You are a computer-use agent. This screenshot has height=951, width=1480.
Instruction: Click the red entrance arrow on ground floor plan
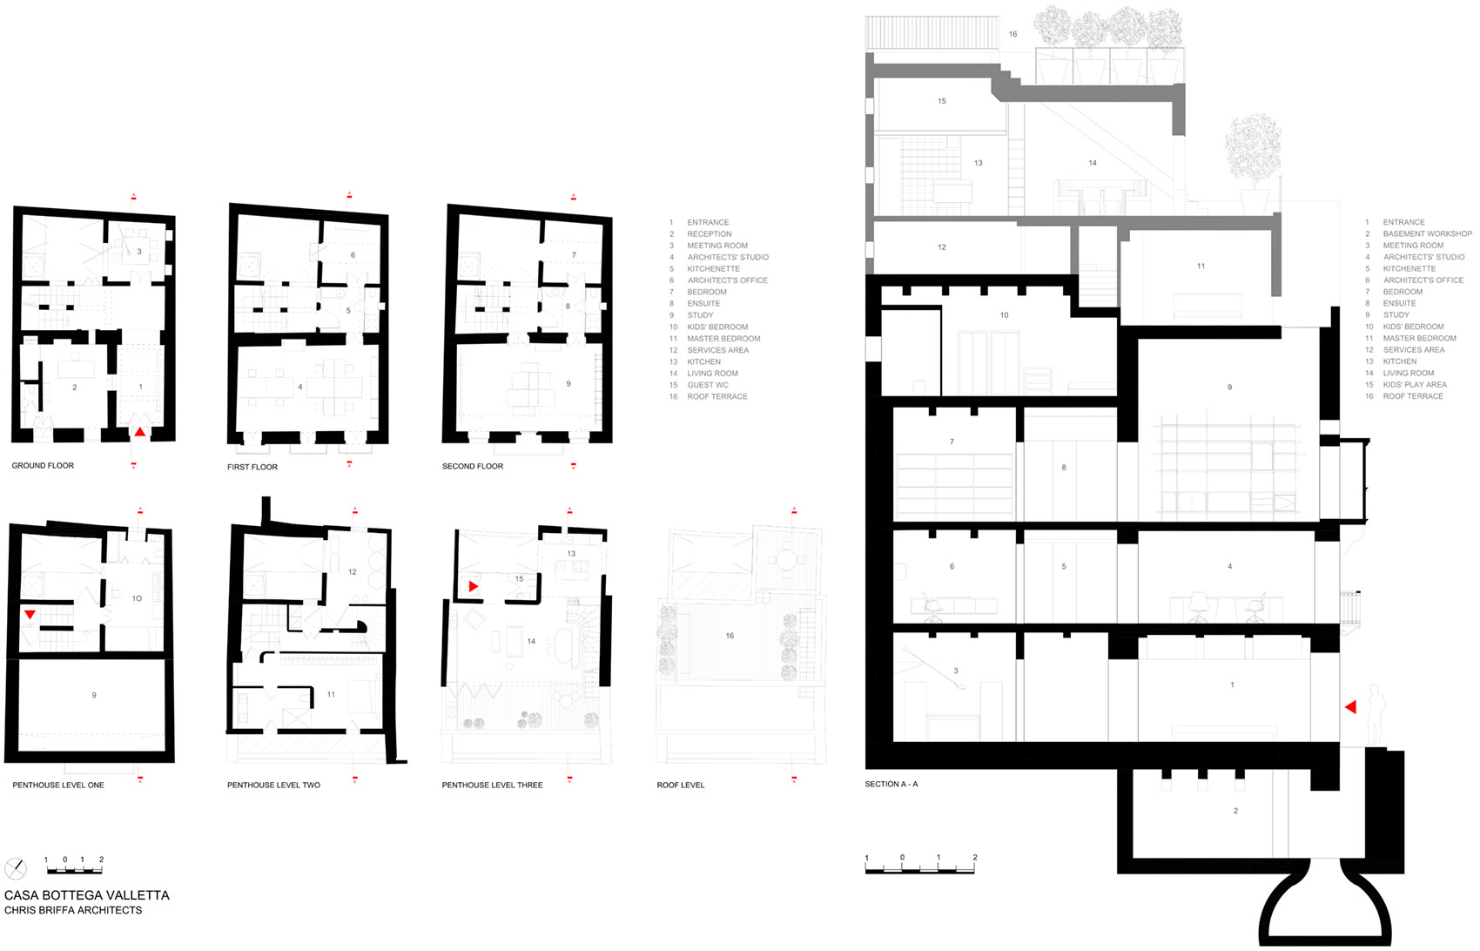[x=140, y=431]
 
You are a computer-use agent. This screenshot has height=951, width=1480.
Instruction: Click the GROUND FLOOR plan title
[x=43, y=466]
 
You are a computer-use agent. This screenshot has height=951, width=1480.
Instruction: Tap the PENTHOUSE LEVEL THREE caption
[x=492, y=786]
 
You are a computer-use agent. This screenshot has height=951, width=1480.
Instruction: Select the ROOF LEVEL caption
[x=681, y=786]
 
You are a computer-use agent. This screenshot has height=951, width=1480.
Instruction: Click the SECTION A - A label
[x=891, y=785]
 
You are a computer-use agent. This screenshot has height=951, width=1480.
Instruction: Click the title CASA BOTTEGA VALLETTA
[x=87, y=895]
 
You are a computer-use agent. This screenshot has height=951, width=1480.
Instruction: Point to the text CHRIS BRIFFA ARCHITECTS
[x=73, y=911]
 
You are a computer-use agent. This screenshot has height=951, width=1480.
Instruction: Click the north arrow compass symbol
[x=16, y=868]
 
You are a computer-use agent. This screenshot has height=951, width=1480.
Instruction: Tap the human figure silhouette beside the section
[x=1376, y=714]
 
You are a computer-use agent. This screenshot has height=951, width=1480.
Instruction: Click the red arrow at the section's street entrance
[x=1351, y=707]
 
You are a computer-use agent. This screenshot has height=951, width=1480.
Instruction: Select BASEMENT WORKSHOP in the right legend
[x=1427, y=233]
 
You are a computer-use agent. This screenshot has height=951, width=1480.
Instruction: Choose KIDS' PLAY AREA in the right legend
[x=1415, y=385]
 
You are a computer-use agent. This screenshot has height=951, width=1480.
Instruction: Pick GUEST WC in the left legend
[x=708, y=385]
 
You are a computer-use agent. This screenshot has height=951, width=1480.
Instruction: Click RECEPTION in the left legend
[x=710, y=233]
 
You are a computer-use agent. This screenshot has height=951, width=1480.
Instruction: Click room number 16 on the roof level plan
[x=730, y=636]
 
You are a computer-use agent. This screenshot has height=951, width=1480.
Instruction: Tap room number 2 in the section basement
[x=1235, y=811]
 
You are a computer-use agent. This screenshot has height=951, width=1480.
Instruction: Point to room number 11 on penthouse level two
[x=331, y=695]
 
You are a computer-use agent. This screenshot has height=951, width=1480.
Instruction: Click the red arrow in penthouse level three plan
[x=474, y=587]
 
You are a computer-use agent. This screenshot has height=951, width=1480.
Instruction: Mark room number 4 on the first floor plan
[x=300, y=387]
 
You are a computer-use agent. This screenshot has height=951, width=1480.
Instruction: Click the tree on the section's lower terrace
[x=1253, y=152]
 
